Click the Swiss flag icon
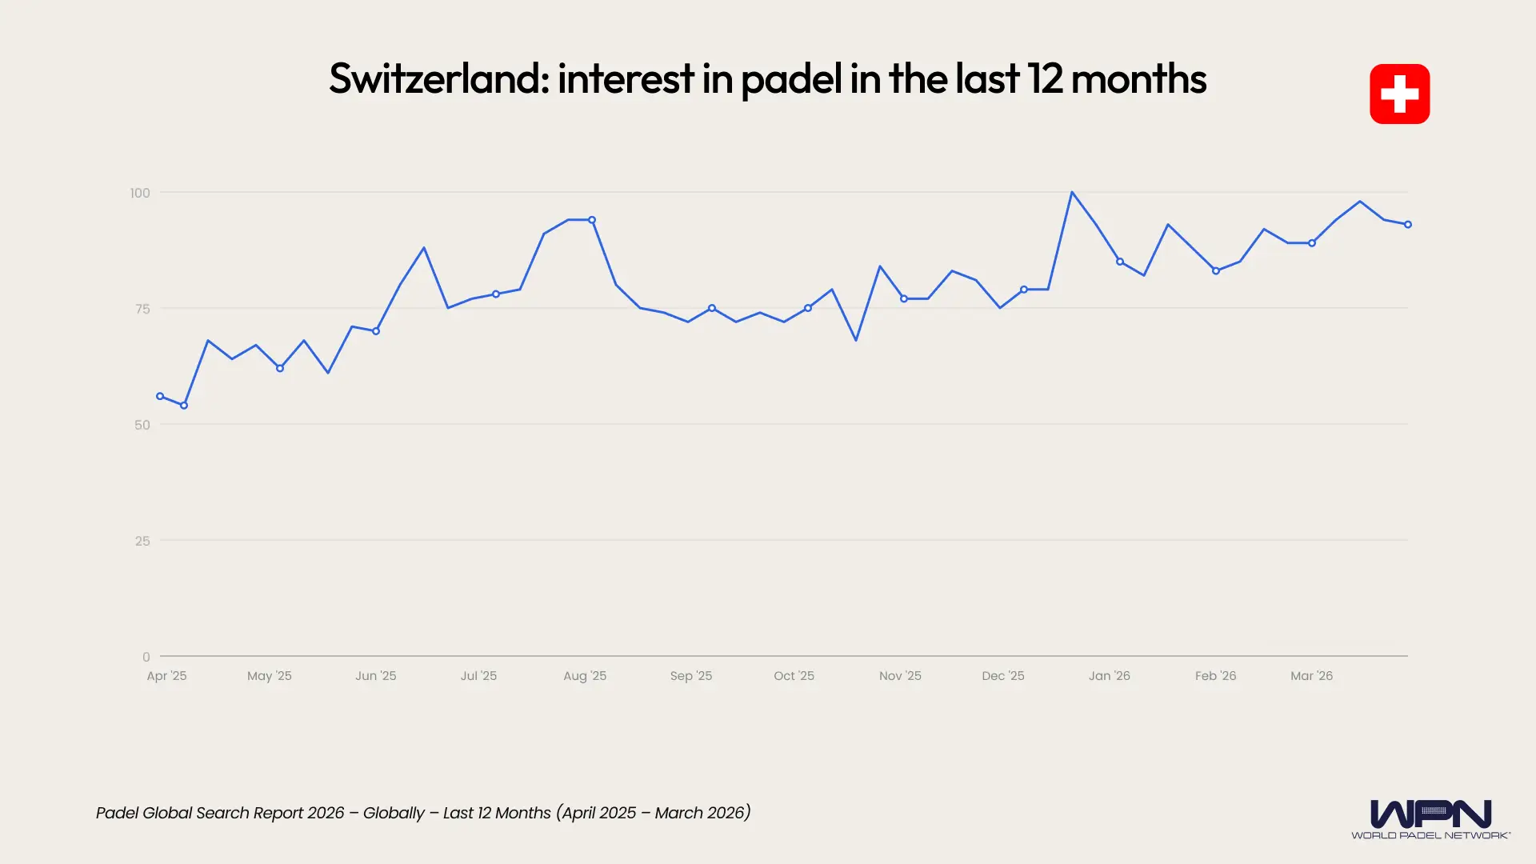click(x=1399, y=94)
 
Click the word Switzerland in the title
click(x=438, y=78)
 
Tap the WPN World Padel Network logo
click(x=1430, y=818)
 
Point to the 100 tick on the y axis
click(x=140, y=193)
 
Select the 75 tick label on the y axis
click(x=142, y=309)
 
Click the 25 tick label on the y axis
click(x=142, y=541)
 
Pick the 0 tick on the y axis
click(x=146, y=657)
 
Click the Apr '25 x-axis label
click(x=166, y=676)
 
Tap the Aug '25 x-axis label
click(x=585, y=676)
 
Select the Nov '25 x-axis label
click(x=900, y=676)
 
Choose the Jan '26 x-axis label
click(x=1109, y=676)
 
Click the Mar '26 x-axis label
click(x=1311, y=676)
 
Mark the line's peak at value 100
click(x=1072, y=193)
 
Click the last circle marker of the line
click(x=1408, y=225)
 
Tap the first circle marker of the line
click(x=160, y=396)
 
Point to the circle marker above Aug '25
click(x=592, y=220)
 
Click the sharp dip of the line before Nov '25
click(x=856, y=340)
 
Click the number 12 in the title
click(x=1045, y=78)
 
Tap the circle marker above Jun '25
click(x=376, y=331)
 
